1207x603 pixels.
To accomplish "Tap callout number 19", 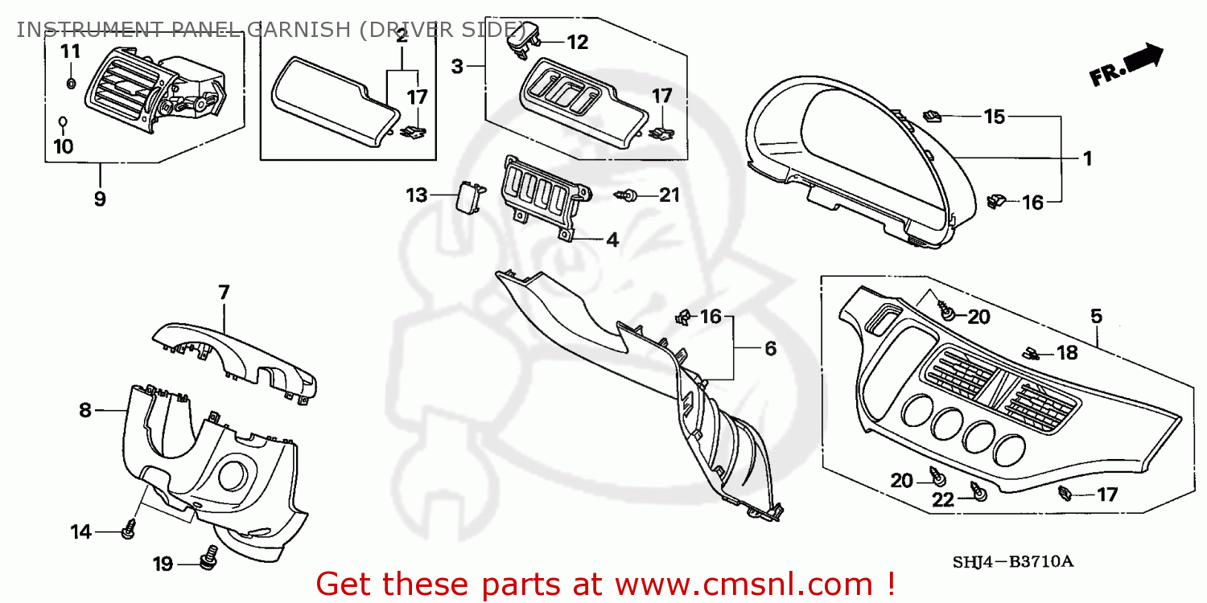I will pyautogui.click(x=163, y=564).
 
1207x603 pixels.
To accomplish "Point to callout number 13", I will pyautogui.click(x=416, y=195).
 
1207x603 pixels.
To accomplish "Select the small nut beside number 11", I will pyautogui.click(x=71, y=84).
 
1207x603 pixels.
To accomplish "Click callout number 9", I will pyautogui.click(x=99, y=199).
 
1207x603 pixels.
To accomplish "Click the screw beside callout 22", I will pyautogui.click(x=979, y=490).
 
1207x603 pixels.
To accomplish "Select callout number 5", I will pyautogui.click(x=1096, y=316).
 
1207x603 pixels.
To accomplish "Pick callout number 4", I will pyautogui.click(x=612, y=240).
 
